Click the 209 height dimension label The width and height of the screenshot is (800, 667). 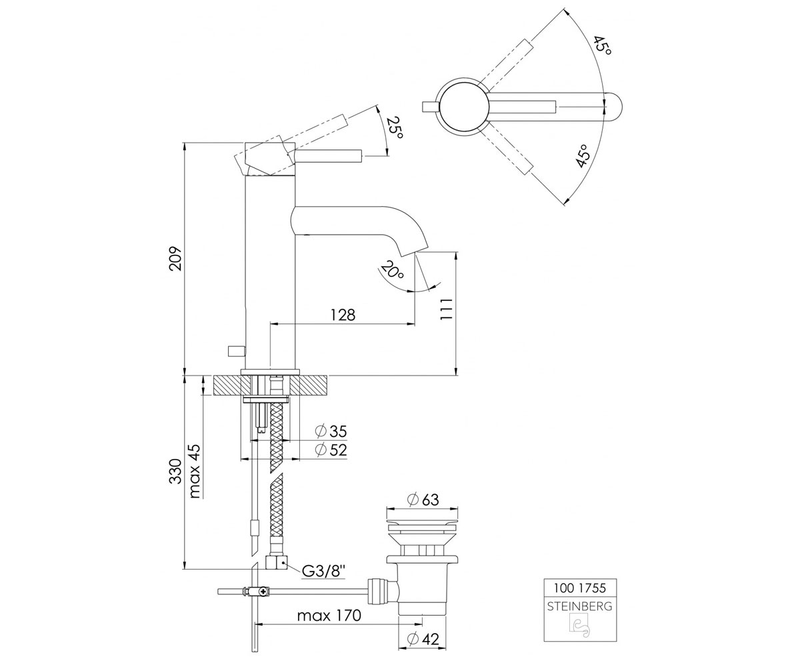pos(176,258)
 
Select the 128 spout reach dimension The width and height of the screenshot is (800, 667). pos(343,315)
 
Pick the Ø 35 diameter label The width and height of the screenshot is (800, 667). pos(331,432)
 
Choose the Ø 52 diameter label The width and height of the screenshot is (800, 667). pos(331,450)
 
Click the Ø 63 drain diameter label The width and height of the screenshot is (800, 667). pos(423,500)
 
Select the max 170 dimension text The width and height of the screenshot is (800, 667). pos(329,616)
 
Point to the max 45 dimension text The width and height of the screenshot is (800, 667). pos(195,471)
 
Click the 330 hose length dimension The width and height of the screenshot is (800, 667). pos(176,472)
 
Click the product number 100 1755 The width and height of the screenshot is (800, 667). pos(580,588)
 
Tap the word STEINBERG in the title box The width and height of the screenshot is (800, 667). pos(580,607)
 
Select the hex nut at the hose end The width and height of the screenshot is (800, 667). pos(276,563)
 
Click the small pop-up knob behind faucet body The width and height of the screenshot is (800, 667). pos(236,351)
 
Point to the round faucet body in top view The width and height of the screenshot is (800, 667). pos(463,106)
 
